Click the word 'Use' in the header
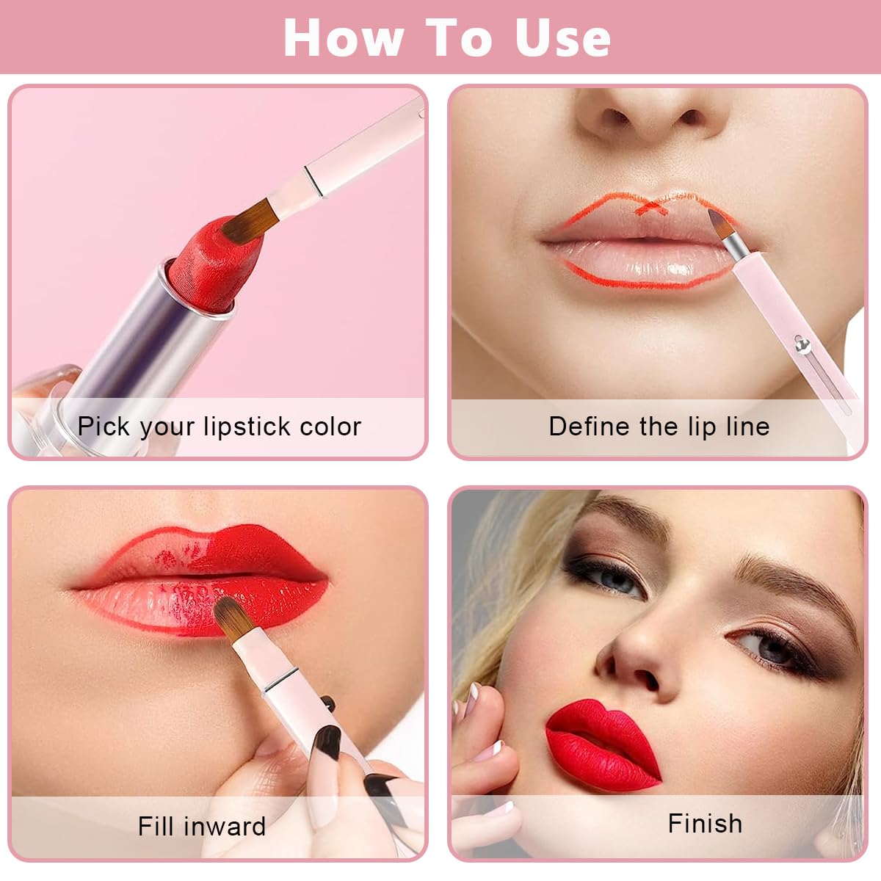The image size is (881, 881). coord(562,37)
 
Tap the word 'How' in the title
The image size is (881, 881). coord(343,37)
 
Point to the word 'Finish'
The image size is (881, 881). coord(705,824)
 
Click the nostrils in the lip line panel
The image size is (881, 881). coord(653,117)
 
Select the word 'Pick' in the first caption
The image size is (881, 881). coord(104,427)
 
